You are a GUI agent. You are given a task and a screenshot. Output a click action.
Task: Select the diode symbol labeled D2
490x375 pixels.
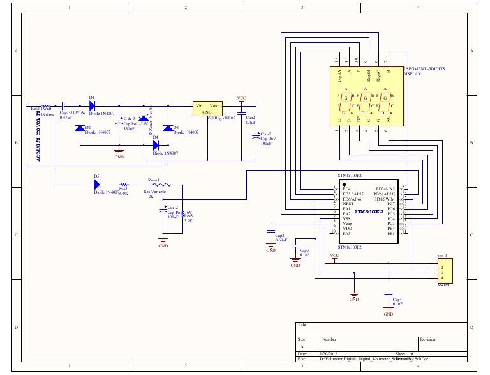pos(80,128)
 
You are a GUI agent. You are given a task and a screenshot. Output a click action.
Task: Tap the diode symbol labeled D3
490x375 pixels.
pos(167,128)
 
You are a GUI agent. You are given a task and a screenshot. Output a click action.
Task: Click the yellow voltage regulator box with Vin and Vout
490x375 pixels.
pos(207,109)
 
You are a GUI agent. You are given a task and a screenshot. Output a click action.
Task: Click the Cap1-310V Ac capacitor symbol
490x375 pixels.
pos(64,106)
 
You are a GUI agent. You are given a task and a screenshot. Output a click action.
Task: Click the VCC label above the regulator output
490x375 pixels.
pos(241,98)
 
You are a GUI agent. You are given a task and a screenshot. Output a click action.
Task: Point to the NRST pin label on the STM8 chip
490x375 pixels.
pos(348,204)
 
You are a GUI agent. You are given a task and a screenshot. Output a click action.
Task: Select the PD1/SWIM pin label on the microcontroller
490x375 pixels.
pos(385,199)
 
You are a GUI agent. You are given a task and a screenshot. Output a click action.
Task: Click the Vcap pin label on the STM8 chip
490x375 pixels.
pos(347,224)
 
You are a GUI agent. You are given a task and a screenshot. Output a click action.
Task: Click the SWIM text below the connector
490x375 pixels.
pos(443,285)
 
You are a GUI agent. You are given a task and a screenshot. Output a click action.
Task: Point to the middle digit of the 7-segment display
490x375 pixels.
pos(366,99)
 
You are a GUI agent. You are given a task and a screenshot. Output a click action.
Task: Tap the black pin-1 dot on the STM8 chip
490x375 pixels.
pos(345,183)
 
